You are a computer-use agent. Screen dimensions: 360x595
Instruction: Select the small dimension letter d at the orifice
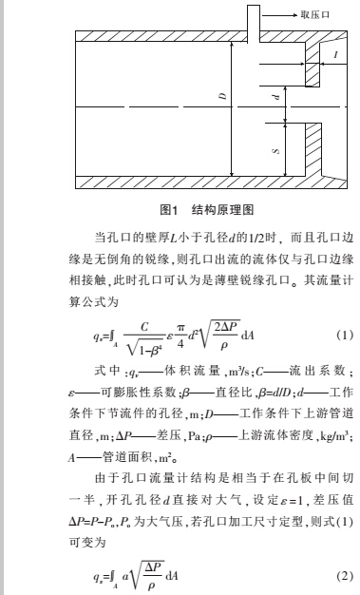[275, 97]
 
